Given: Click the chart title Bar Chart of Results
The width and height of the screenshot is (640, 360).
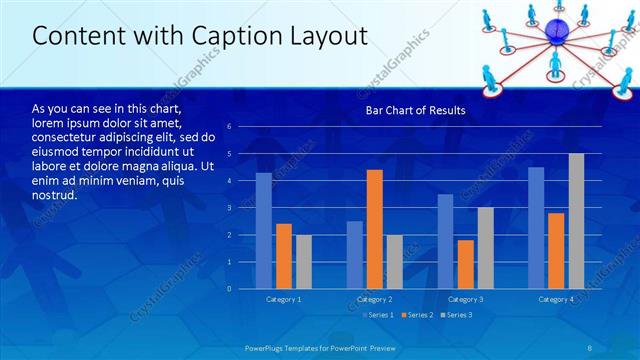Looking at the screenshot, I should tap(413, 111).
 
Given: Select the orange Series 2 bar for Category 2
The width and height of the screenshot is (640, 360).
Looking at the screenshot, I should tap(374, 229).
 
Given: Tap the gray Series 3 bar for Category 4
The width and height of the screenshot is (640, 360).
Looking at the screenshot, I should tap(576, 221).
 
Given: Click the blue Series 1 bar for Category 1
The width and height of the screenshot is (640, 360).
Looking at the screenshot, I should tap(263, 231).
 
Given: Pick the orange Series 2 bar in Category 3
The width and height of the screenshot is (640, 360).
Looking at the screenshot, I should tap(465, 264).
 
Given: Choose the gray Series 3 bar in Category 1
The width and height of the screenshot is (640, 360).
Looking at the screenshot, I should tap(303, 261).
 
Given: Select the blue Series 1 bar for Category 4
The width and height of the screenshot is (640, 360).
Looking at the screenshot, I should tap(536, 228).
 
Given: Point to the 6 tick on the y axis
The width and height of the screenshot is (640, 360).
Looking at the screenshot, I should tap(230, 127).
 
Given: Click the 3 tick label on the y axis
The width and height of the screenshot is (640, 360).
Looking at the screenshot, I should tap(230, 208).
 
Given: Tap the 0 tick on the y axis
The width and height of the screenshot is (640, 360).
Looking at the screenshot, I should tap(230, 289).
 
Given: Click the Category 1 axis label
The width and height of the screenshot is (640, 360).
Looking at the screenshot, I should tap(283, 299).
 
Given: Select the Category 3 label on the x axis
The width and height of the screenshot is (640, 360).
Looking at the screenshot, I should tap(465, 299).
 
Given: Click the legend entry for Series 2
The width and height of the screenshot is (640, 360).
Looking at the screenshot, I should tap(419, 315).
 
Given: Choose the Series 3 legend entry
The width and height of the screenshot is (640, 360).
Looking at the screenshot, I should tap(458, 315).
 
